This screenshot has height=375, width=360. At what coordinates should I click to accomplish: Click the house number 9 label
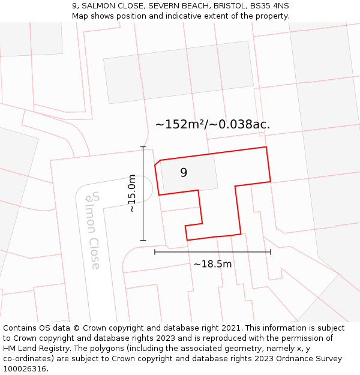(184, 173)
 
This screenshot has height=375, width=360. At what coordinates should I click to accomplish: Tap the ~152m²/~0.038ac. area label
(212, 124)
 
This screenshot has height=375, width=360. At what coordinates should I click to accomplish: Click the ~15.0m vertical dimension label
(132, 193)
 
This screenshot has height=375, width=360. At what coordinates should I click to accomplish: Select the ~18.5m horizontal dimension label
(212, 263)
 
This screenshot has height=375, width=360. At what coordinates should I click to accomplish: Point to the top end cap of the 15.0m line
(143, 147)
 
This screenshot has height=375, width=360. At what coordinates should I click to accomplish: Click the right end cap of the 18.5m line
(271, 252)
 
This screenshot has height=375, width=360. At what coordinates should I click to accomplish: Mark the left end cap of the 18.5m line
(155, 252)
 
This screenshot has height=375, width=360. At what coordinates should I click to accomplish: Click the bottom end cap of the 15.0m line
(143, 240)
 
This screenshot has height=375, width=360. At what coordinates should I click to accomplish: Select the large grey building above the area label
(179, 72)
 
